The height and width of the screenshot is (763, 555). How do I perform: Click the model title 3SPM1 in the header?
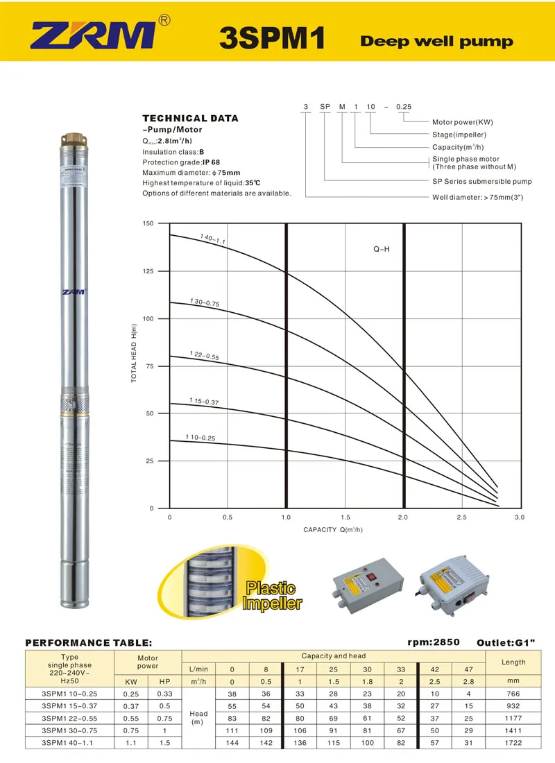(271, 39)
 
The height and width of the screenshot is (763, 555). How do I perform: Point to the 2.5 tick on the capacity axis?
(461, 517)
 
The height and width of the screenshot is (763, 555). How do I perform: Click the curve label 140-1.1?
(213, 239)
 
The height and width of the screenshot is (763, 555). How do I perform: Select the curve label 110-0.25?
(200, 437)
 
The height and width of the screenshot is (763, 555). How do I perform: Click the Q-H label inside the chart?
(382, 248)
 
